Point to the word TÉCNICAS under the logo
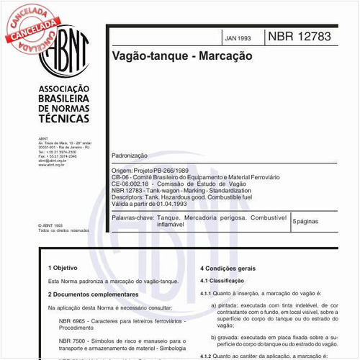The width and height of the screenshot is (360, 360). (63, 117)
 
